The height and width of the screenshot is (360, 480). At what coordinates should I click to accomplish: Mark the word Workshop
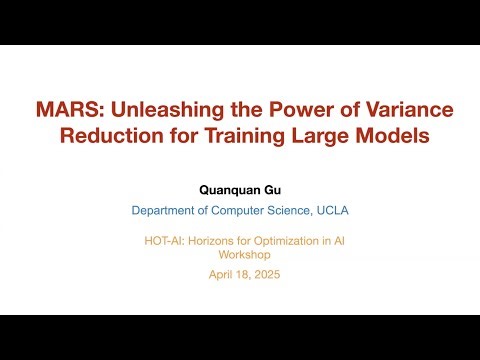point(240,254)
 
